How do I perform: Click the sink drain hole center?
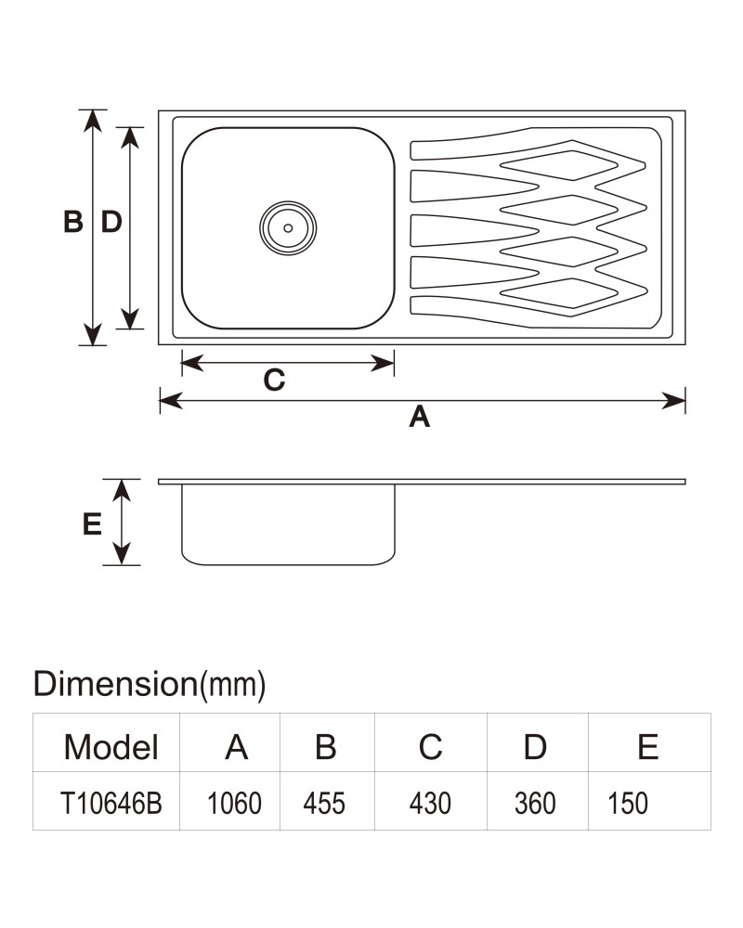point(288,228)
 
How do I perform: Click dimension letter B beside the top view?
point(72,222)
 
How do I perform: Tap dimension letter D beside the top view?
point(111,222)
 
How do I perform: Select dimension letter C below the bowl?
point(274,380)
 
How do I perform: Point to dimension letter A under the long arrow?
point(420,417)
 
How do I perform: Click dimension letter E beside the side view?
point(92,524)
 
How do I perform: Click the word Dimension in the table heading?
point(115,684)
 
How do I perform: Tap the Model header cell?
point(111,747)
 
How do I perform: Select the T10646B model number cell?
point(111,803)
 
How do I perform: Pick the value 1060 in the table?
point(234,803)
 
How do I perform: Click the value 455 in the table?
point(324,803)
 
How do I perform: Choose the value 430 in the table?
point(430,803)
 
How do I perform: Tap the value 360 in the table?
point(535,803)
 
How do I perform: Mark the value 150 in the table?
point(628,803)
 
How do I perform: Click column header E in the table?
point(648,747)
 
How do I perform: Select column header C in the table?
point(431,747)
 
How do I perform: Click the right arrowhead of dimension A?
point(674,401)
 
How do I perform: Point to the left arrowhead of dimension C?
point(192,363)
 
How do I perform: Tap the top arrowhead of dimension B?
point(93,121)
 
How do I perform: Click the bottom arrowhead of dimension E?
point(122,554)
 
